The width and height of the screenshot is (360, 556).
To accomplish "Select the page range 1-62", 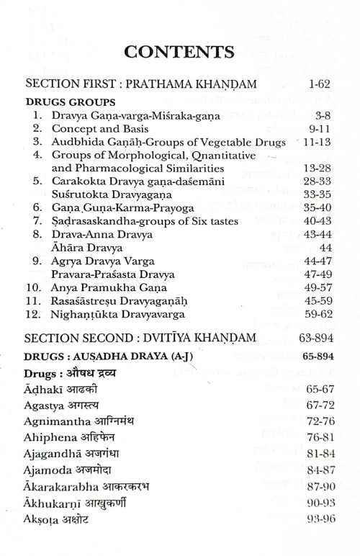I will (x=318, y=84).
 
